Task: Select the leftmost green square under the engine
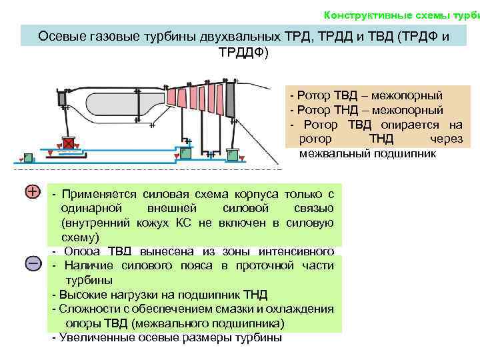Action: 29,158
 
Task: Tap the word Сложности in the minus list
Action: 85,309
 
